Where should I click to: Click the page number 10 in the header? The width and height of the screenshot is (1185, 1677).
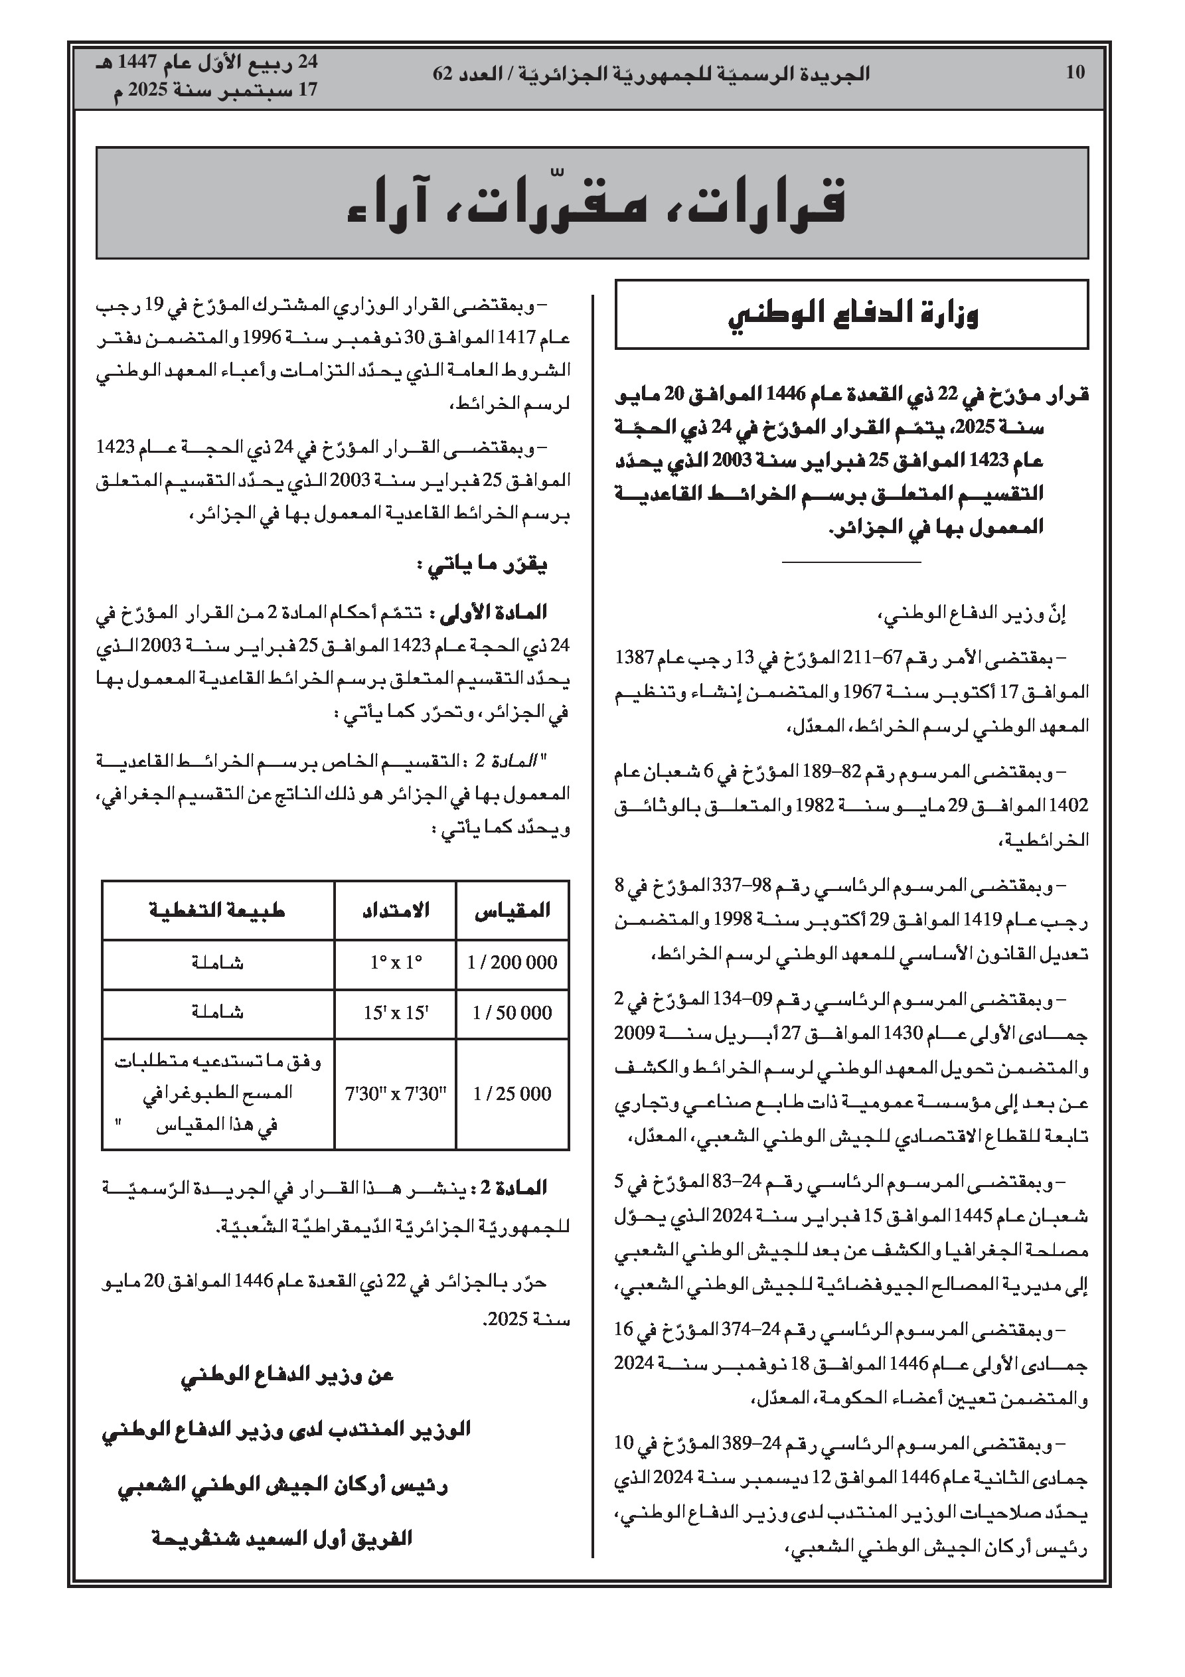[1075, 72]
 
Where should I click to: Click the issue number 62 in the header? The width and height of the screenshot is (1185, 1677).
[443, 74]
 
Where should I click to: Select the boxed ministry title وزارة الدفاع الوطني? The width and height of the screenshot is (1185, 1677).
[852, 314]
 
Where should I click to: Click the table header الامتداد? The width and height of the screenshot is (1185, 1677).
[395, 910]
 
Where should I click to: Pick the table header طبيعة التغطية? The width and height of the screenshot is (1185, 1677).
[217, 910]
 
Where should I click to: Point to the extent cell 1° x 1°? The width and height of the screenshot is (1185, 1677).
[395, 963]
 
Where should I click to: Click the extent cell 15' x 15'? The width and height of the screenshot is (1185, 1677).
[395, 1013]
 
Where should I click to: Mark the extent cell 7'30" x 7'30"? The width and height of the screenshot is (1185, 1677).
[395, 1093]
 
